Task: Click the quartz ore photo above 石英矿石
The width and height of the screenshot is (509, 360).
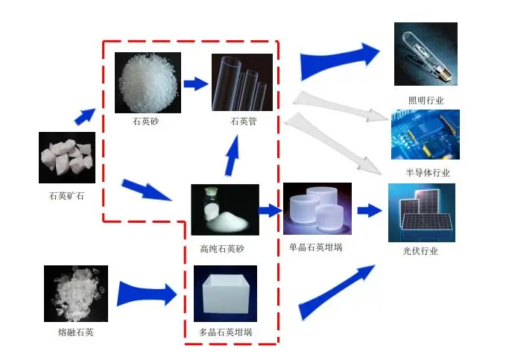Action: point(67,157)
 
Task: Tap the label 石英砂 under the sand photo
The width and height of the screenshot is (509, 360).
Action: point(146,121)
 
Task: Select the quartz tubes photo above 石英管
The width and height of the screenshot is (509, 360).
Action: point(242,83)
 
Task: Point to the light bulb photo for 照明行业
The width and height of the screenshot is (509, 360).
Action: point(426,54)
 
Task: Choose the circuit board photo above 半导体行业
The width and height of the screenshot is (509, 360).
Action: point(426,135)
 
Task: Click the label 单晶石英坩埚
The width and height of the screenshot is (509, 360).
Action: point(315,247)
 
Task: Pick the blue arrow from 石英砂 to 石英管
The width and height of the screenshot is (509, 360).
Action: point(195,83)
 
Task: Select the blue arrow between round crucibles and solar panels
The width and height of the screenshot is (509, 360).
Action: point(369,211)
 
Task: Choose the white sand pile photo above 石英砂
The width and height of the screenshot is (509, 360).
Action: point(148,83)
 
